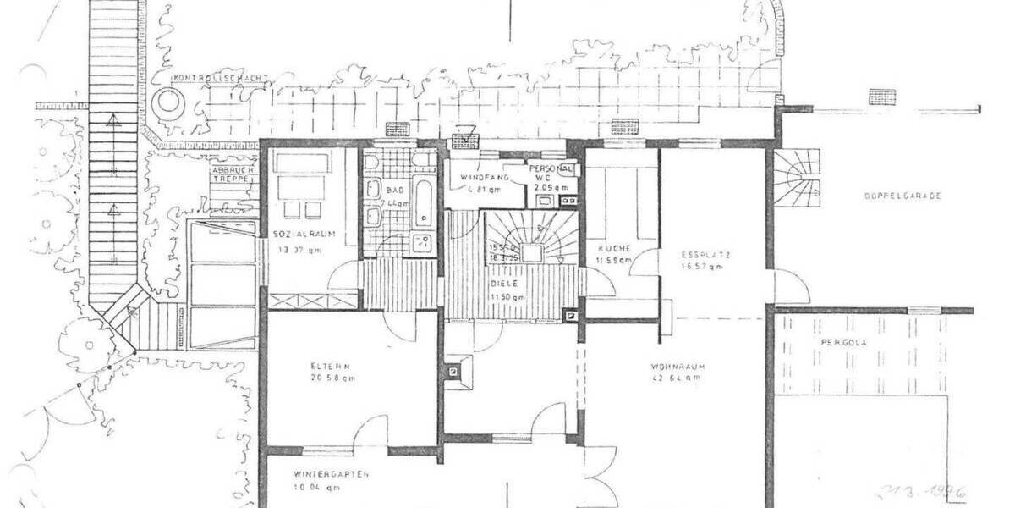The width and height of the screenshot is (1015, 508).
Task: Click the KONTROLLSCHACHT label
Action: point(221,78)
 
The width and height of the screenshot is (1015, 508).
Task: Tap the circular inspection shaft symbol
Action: point(168,104)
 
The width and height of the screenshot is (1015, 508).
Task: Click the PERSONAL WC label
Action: point(552,174)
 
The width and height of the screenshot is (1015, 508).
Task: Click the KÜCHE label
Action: point(614,248)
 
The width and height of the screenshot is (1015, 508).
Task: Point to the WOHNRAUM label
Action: point(678,367)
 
